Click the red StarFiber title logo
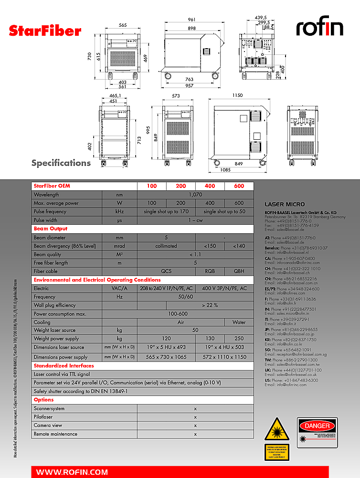click(45, 31)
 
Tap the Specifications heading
click(61, 163)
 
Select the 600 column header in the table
click(239, 186)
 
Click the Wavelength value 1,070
click(195, 195)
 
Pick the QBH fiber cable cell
click(239, 271)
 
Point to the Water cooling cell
click(239, 322)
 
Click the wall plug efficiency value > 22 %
click(210, 305)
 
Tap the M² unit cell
click(120, 255)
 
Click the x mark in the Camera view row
click(195, 426)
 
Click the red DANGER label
click(317, 426)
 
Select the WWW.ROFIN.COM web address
click(72, 472)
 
